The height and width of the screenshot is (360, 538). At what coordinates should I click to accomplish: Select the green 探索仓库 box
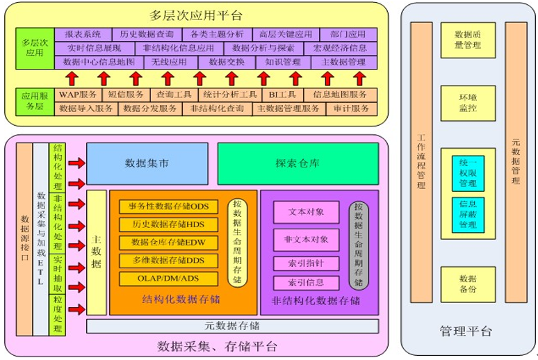click(x=297, y=164)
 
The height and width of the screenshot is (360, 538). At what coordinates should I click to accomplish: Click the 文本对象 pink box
click(x=307, y=211)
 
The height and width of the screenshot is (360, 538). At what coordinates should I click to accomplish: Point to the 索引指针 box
click(x=307, y=263)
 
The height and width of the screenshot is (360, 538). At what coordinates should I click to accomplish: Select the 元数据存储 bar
click(x=232, y=326)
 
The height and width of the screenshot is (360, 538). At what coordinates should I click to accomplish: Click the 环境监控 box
click(x=467, y=103)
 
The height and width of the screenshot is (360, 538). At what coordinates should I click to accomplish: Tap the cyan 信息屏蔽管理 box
click(x=467, y=215)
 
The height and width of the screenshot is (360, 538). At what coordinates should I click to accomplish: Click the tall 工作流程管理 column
click(x=421, y=162)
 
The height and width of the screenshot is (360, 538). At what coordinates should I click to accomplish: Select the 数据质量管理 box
click(x=467, y=40)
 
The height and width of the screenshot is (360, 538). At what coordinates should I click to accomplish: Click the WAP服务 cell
click(x=78, y=95)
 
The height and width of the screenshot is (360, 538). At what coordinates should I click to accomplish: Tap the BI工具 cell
click(x=283, y=95)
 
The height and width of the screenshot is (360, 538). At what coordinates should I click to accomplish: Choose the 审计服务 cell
click(x=351, y=108)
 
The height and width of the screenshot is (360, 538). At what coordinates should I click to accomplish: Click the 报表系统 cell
click(x=83, y=34)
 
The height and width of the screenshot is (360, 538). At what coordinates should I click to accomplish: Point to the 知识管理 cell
click(x=277, y=62)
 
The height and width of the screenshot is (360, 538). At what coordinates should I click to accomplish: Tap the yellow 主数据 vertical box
click(x=97, y=252)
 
